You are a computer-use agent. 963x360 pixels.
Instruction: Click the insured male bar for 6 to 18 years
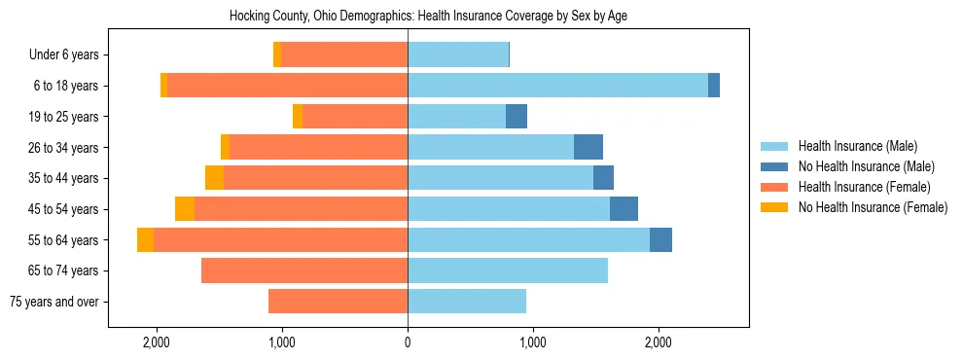point(557,86)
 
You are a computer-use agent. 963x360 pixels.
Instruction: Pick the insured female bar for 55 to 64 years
point(280,240)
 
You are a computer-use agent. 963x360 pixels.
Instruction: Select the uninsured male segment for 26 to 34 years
point(588,148)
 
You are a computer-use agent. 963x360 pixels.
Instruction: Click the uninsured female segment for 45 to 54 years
point(185,209)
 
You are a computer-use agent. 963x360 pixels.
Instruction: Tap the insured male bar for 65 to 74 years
point(508,270)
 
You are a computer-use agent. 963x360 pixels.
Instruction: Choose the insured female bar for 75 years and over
point(338,302)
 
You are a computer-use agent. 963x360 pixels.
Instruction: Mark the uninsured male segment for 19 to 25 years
point(517,117)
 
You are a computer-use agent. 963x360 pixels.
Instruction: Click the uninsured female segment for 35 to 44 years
point(214,178)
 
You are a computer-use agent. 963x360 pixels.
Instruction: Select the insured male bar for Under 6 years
point(458,55)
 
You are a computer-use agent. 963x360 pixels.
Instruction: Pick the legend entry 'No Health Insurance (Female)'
point(873,207)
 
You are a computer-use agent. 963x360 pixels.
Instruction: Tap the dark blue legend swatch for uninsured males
point(774,166)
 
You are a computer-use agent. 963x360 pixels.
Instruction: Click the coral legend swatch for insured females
point(774,187)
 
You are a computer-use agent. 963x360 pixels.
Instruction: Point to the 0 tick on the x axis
point(408,343)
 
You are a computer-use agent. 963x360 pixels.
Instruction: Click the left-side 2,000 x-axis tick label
point(157,343)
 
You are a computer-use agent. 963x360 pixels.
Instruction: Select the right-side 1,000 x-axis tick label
point(532,343)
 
